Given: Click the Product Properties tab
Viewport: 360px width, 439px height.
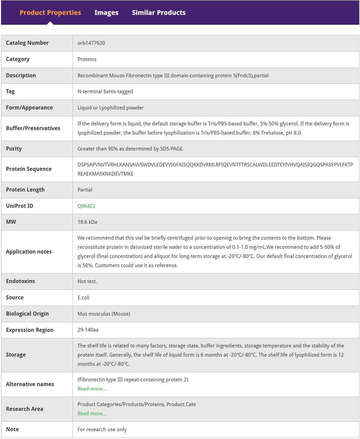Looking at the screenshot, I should (50, 13).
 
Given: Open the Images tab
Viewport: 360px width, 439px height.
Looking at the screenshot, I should (106, 13).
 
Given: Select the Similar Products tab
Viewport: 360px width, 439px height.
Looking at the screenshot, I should (159, 13).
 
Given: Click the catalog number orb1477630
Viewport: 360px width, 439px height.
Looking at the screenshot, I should (91, 43).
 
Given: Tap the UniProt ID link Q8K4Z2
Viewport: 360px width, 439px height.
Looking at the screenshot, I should (86, 206).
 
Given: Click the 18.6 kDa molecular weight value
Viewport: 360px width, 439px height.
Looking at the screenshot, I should (87, 222).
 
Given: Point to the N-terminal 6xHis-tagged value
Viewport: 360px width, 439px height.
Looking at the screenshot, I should (105, 92).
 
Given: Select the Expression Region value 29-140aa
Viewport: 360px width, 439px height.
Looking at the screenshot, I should (88, 330).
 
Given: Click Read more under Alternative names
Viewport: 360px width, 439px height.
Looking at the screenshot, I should (92, 389).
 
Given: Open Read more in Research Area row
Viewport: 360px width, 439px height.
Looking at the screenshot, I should (92, 414).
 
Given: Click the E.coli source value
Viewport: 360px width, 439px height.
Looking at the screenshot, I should (83, 298).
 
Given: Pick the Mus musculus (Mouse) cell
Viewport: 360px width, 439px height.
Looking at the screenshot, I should (104, 314).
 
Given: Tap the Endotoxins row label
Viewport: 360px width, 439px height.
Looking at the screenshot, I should (20, 281).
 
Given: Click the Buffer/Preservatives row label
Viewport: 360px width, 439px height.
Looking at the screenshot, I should (33, 128).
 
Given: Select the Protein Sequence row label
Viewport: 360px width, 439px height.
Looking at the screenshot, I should (29, 169).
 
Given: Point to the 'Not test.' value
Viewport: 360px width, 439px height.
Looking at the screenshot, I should (87, 281).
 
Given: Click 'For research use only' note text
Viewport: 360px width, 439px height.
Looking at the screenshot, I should (102, 430).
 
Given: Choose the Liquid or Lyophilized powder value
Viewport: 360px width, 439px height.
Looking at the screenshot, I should (111, 108).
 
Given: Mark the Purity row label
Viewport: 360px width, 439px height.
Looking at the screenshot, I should (14, 149).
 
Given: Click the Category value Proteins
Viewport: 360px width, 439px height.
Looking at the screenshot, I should (87, 59).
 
